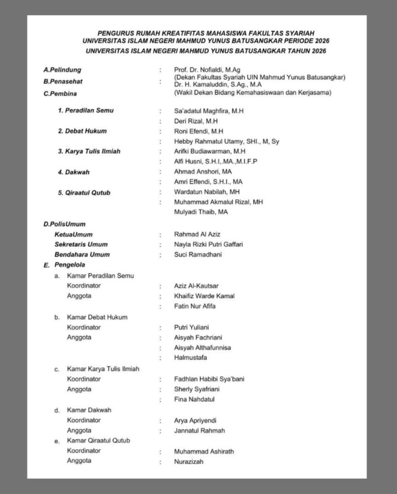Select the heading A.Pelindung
[62, 70]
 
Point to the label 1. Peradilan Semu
[86, 110]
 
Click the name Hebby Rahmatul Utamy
[226, 141]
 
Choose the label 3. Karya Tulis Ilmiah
[89, 151]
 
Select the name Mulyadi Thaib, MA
[201, 212]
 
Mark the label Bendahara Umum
[82, 254]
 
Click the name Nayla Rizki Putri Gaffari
[208, 244]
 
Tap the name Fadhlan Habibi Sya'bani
[209, 379]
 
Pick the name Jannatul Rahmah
[199, 430]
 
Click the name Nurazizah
[189, 462]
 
